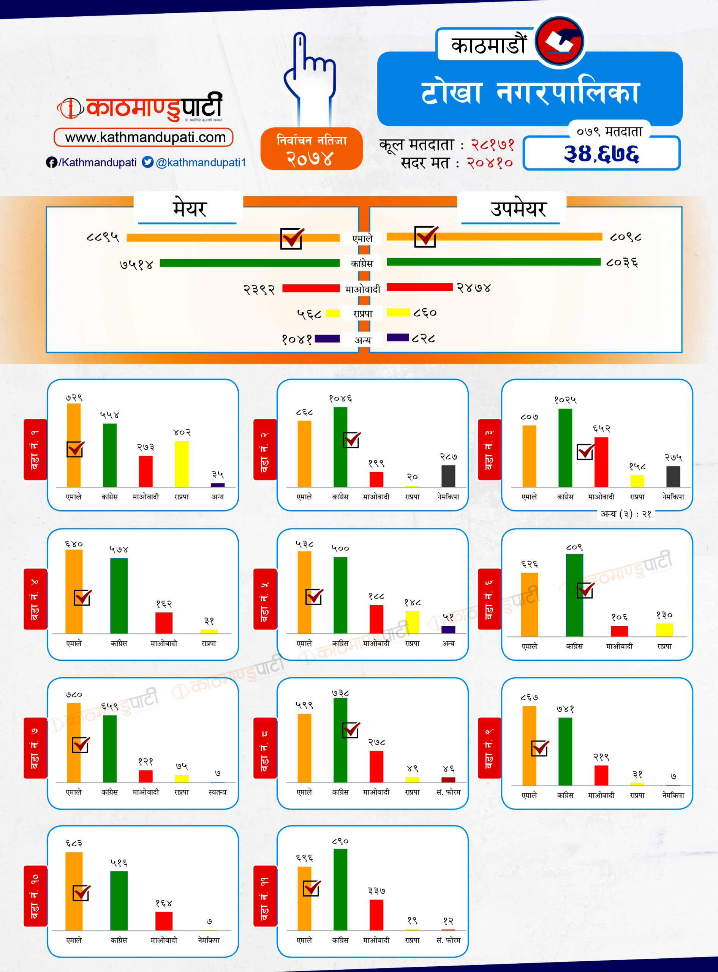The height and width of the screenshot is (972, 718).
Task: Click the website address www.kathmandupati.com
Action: click(145, 138)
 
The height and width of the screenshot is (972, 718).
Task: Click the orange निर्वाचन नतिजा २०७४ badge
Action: click(311, 149)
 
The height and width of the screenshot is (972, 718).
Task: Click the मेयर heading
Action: click(190, 209)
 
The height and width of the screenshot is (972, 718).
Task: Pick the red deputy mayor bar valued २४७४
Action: click(419, 287)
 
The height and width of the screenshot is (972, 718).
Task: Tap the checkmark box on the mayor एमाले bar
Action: click(292, 238)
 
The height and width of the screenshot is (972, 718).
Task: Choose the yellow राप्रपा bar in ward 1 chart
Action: click(182, 464)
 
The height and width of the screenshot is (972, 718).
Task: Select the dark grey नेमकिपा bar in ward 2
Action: click(448, 476)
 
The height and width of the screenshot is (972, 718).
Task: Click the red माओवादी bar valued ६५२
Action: click(601, 462)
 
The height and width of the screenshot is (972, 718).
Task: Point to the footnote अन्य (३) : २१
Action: click(625, 514)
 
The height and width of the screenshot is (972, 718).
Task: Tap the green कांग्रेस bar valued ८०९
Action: click(574, 595)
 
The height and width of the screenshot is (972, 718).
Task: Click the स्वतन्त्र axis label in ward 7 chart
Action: click(217, 792)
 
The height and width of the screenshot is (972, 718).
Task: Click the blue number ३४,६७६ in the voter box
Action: click(601, 154)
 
